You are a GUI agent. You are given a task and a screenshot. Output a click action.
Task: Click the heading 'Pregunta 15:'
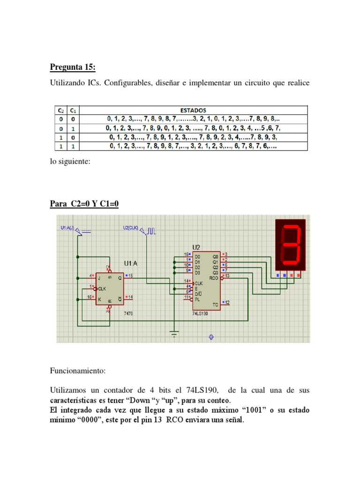73,68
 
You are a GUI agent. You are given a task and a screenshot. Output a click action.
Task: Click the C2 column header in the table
60,110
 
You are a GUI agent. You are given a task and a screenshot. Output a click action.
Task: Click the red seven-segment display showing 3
290,245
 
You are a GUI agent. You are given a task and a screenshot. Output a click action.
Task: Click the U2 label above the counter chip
196,247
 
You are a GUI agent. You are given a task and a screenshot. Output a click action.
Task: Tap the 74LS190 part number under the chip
200,313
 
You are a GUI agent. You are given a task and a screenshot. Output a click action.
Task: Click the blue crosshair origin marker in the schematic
211,337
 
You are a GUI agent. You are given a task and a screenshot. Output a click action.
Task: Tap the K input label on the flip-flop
99,298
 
